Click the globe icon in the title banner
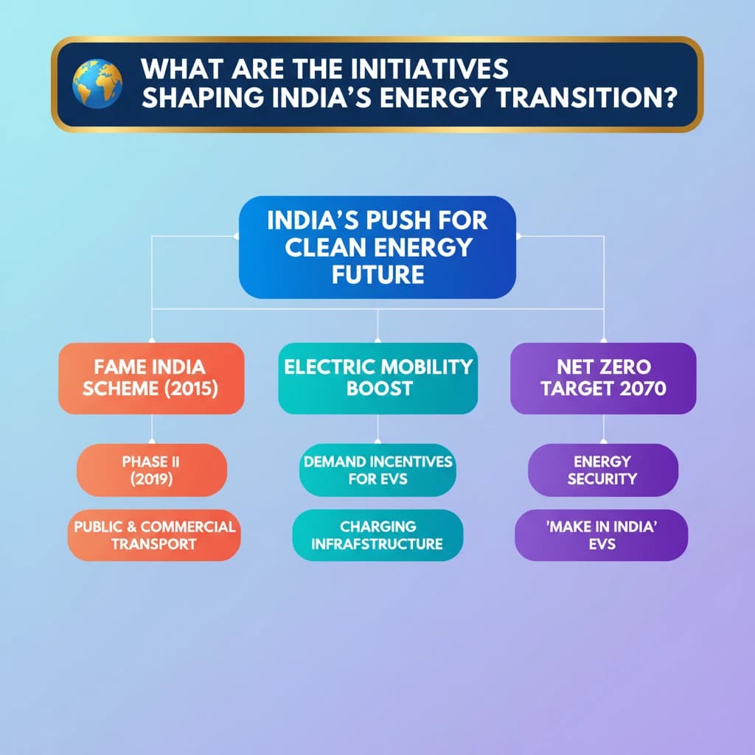(97, 83)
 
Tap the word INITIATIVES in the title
(429, 69)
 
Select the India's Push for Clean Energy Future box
(377, 247)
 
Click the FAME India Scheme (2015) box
(151, 378)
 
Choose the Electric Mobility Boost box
(378, 378)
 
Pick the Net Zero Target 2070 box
(603, 378)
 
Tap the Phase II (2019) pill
(152, 470)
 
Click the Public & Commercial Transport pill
(154, 535)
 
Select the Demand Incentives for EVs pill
(378, 470)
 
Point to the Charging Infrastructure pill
(377, 535)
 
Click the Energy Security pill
(603, 470)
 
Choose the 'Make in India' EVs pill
(602, 535)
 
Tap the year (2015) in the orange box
(191, 389)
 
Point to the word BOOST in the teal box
(380, 389)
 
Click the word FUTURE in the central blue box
(378, 275)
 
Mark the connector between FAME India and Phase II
(152, 428)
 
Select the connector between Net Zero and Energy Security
(603, 428)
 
